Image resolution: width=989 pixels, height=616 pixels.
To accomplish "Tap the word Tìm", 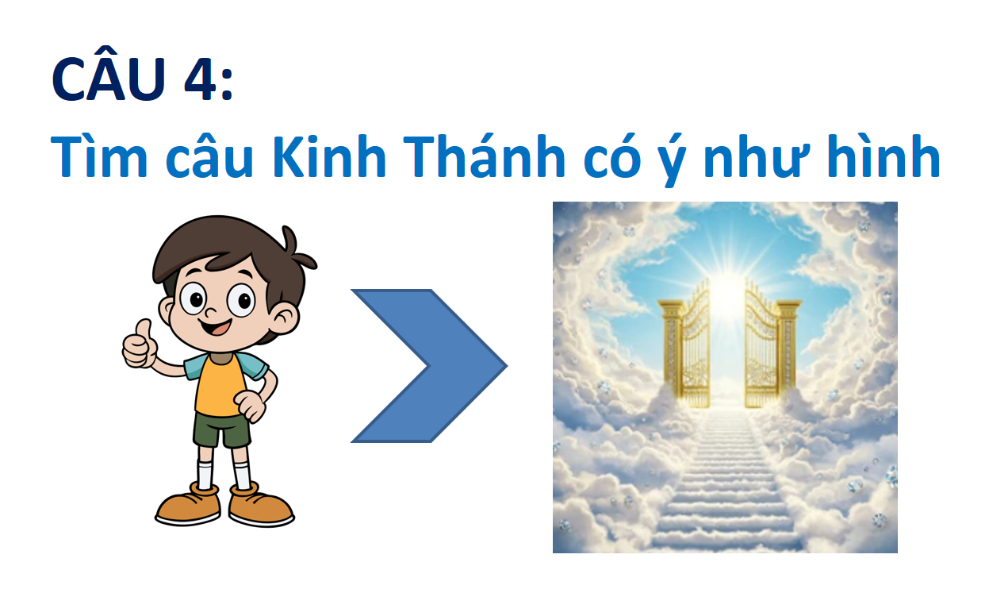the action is pyautogui.click(x=99, y=156).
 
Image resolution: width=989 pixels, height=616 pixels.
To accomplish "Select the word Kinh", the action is pyautogui.click(x=329, y=156).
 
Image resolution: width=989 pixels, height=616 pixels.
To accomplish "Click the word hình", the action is pyautogui.click(x=884, y=155).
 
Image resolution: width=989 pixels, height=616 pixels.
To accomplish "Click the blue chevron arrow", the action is pyautogui.click(x=429, y=365).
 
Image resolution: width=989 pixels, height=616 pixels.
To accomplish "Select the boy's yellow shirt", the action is pyautogui.click(x=220, y=384).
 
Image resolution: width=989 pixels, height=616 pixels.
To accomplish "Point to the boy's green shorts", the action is pyautogui.click(x=221, y=429).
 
